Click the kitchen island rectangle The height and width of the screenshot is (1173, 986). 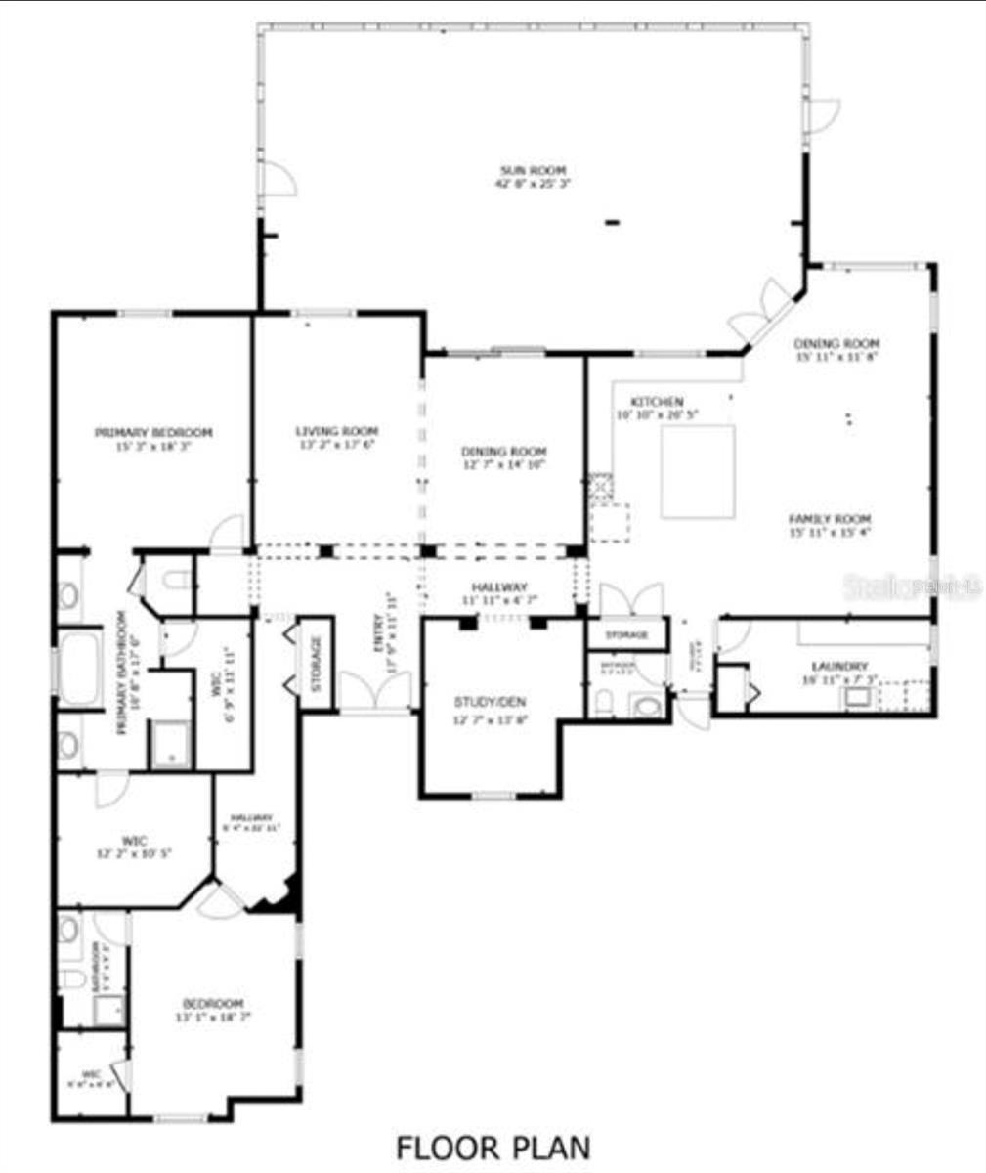(x=698, y=471)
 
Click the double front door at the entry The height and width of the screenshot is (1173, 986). (x=374, y=692)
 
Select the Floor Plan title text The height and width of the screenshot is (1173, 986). (x=493, y=1147)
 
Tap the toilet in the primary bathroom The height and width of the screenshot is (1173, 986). (x=177, y=581)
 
